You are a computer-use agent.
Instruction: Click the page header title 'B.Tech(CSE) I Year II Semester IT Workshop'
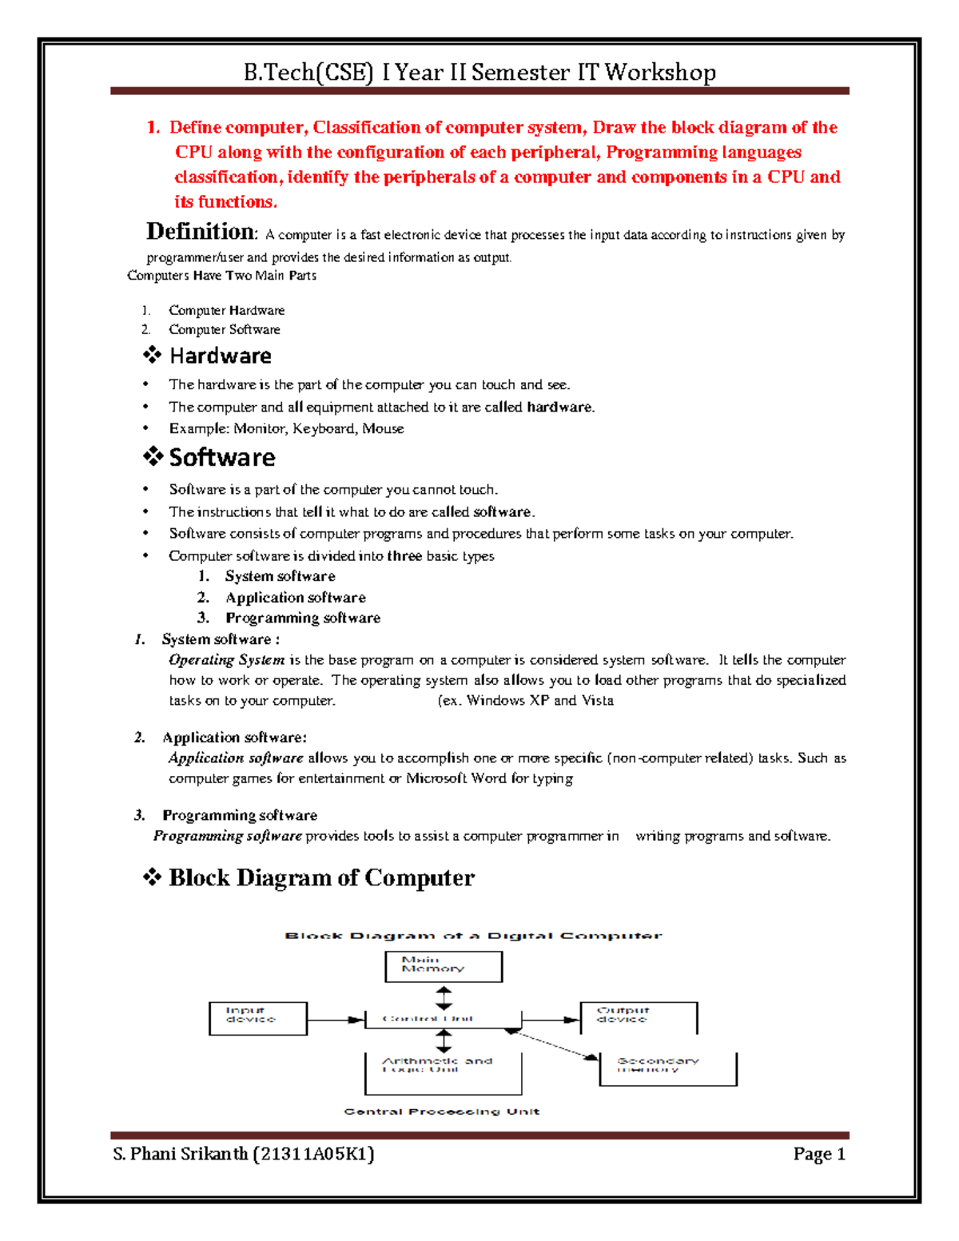point(479,73)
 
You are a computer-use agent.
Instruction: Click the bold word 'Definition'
point(201,232)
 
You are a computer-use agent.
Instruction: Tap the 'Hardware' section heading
point(221,356)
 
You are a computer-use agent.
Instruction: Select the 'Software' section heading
point(222,457)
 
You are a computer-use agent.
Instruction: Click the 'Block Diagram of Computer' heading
point(321,877)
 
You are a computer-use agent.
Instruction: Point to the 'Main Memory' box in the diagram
point(444,966)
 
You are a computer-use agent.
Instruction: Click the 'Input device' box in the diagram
point(257,1018)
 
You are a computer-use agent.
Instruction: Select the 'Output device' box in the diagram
point(638,1017)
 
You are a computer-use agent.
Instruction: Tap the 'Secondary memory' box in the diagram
point(667,1068)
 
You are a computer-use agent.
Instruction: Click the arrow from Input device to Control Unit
point(336,1020)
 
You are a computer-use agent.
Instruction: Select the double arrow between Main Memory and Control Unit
point(444,998)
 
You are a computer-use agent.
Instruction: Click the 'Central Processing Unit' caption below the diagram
point(441,1112)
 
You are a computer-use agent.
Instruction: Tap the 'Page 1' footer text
point(818,1154)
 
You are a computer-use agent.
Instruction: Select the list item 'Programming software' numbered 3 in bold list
point(302,618)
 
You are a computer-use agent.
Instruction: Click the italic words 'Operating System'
point(226,660)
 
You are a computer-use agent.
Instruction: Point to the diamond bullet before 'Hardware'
point(152,355)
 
